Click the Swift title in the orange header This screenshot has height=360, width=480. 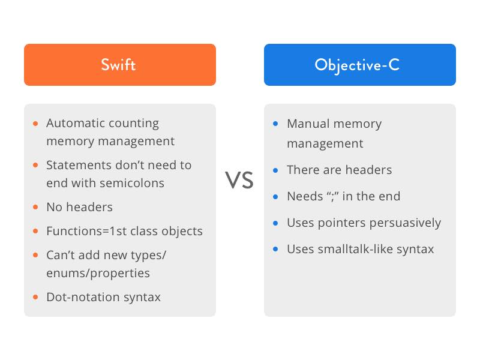(118, 65)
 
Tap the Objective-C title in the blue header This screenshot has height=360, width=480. (357, 65)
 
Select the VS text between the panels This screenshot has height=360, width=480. (239, 179)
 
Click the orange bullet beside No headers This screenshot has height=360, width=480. (35, 207)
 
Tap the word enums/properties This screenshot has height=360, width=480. (98, 273)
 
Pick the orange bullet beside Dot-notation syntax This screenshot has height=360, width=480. (35, 297)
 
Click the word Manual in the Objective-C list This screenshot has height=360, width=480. (308, 124)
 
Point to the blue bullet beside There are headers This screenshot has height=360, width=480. (275, 170)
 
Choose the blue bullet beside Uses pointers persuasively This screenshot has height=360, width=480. (275, 223)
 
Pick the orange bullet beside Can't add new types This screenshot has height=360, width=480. (35, 255)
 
